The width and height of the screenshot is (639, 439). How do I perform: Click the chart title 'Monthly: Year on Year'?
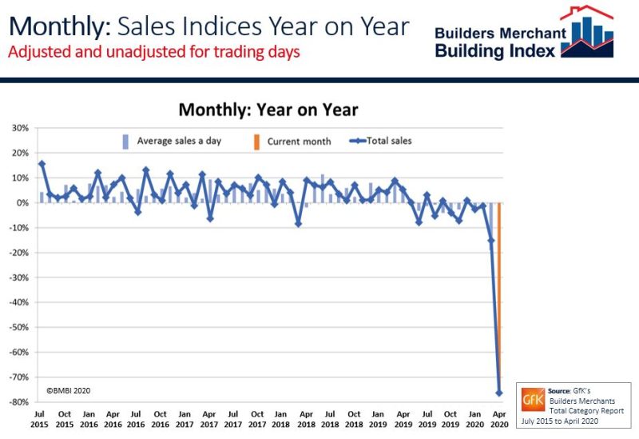[268, 110]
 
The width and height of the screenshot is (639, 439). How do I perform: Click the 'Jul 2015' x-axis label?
[41, 418]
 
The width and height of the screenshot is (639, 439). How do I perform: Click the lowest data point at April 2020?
[500, 393]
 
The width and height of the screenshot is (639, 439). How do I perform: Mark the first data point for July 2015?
[42, 164]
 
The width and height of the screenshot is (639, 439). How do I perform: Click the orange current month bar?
[499, 296]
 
